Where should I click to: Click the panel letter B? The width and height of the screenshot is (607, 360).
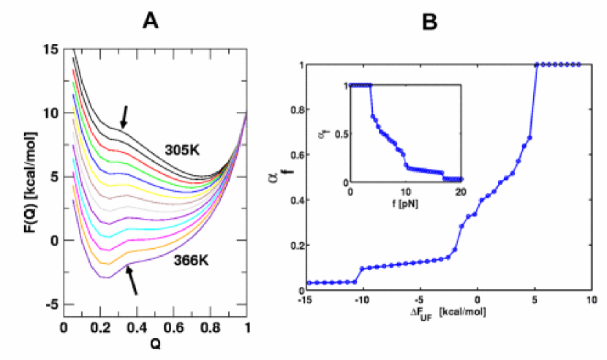(431, 23)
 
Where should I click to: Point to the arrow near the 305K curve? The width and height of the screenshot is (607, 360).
(124, 116)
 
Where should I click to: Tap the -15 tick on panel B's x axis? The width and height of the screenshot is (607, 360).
(306, 299)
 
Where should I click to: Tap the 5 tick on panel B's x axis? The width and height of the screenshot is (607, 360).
(535, 299)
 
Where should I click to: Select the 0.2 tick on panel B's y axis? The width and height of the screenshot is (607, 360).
(295, 246)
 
